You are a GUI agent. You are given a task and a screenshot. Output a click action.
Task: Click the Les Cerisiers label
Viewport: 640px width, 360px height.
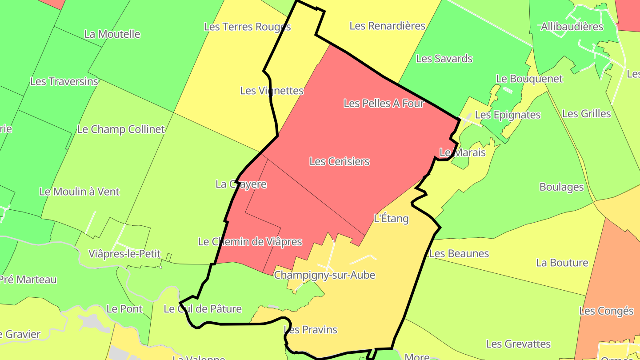[339, 161]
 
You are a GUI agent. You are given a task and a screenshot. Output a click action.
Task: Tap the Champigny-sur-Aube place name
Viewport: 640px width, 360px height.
[324, 275]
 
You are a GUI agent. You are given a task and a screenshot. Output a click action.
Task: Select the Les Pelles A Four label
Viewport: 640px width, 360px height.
[384, 104]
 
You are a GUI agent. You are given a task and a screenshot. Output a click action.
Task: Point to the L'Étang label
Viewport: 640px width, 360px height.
[391, 218]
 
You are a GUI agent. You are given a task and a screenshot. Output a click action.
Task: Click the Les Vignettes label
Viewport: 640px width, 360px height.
[272, 91]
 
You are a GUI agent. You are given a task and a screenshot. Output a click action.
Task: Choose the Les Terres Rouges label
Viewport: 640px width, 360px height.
[247, 27]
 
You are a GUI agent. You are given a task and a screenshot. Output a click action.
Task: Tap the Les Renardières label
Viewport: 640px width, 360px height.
[387, 26]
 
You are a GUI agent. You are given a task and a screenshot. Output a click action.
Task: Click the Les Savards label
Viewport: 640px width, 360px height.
[444, 59]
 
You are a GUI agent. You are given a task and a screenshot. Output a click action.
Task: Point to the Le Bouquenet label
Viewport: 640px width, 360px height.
[529, 79]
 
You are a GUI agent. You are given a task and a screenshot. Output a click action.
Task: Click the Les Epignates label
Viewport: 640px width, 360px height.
[508, 115]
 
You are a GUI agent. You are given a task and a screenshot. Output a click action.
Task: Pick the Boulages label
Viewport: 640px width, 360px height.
[561, 187]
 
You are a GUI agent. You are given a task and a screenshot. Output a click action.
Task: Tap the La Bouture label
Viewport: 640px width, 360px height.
[562, 263]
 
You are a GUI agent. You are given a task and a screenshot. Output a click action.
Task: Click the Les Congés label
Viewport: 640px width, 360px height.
[606, 311]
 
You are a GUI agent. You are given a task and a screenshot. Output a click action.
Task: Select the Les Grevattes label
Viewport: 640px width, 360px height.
[518, 344]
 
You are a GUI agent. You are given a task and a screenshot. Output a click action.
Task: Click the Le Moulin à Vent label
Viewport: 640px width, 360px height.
[80, 192]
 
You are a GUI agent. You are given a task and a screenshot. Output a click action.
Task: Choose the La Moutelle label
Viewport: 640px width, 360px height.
[112, 34]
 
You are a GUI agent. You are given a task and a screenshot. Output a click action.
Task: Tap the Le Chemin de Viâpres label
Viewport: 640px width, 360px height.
[250, 242]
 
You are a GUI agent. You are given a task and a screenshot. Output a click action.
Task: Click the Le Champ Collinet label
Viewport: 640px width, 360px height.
[120, 129]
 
